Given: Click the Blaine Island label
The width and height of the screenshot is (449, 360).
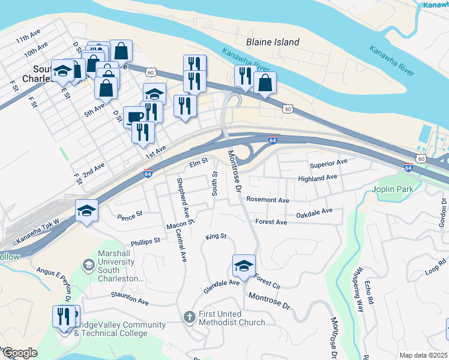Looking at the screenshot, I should coord(273,42).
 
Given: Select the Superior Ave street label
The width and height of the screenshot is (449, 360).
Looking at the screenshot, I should coord(328,163).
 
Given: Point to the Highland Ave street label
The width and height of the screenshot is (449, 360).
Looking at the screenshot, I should coord(318,178).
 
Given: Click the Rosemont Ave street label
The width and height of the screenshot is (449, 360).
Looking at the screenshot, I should coord(268,200).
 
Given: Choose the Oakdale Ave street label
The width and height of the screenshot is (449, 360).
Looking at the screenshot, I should coord(314,212).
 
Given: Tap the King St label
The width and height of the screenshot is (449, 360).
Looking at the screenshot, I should coord(215,236).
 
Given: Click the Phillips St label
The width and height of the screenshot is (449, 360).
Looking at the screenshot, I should coord(145,241).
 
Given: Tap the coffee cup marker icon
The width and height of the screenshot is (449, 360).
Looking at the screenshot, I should coord(133,116).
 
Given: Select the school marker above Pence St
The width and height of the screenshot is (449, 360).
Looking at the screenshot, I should coord(86,211).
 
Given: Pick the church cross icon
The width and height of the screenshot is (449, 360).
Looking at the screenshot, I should coord(188,316).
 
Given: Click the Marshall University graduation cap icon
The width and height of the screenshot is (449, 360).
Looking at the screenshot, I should coord(88,265).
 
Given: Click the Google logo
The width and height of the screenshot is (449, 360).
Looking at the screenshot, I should coord(19,353).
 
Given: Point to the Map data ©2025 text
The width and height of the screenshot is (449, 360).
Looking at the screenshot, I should coord(423,355).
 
